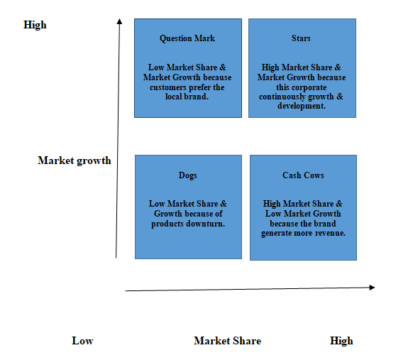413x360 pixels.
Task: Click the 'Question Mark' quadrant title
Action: (187, 39)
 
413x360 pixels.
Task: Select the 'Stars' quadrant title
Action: (301, 38)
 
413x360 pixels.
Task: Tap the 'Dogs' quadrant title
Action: (188, 176)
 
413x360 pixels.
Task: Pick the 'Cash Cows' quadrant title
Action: (303, 175)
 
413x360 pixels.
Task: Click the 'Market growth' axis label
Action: (75, 160)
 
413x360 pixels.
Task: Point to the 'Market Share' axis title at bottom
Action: (228, 341)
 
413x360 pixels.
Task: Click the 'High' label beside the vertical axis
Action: (35, 26)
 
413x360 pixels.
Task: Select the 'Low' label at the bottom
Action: (82, 341)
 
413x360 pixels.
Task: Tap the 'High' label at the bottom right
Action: (341, 342)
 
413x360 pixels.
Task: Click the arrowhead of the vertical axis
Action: (120, 21)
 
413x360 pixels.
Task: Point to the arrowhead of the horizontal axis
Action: (372, 288)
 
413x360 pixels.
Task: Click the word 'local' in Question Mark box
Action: (173, 97)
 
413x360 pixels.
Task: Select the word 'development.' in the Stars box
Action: (302, 107)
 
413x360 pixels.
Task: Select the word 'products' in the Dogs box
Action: (167, 224)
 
